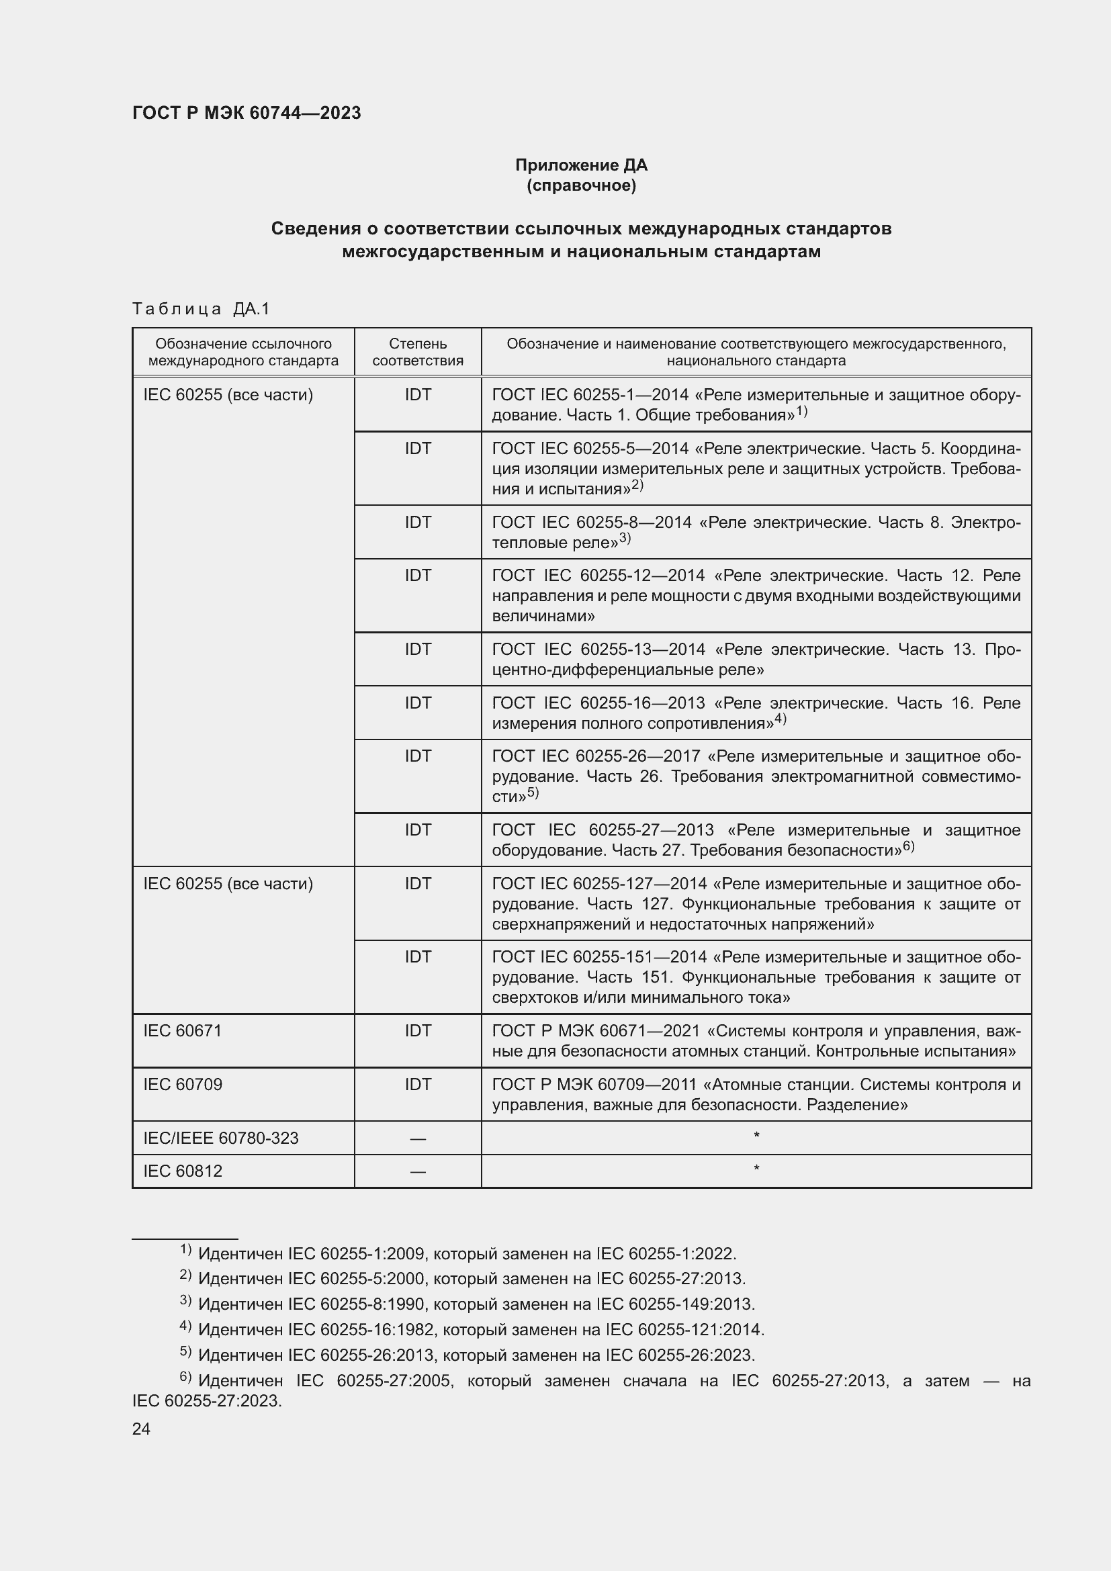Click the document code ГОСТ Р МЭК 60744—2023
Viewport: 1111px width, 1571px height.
(247, 113)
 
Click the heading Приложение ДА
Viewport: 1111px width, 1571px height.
(581, 165)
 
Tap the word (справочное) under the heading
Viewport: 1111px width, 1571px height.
(581, 185)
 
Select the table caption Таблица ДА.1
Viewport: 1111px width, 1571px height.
(201, 309)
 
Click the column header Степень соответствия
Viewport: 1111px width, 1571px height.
(417, 352)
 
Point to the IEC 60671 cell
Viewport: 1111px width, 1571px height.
(183, 1030)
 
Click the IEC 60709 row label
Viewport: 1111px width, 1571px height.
(183, 1084)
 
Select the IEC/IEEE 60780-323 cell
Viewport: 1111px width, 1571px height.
(221, 1138)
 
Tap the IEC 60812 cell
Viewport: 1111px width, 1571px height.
(183, 1171)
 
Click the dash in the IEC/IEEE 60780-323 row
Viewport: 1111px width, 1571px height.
(417, 1138)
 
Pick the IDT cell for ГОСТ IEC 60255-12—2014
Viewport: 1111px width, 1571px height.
(417, 576)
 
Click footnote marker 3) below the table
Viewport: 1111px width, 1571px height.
(185, 1300)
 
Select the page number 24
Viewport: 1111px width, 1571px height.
(141, 1429)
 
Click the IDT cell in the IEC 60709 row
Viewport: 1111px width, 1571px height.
(417, 1084)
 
